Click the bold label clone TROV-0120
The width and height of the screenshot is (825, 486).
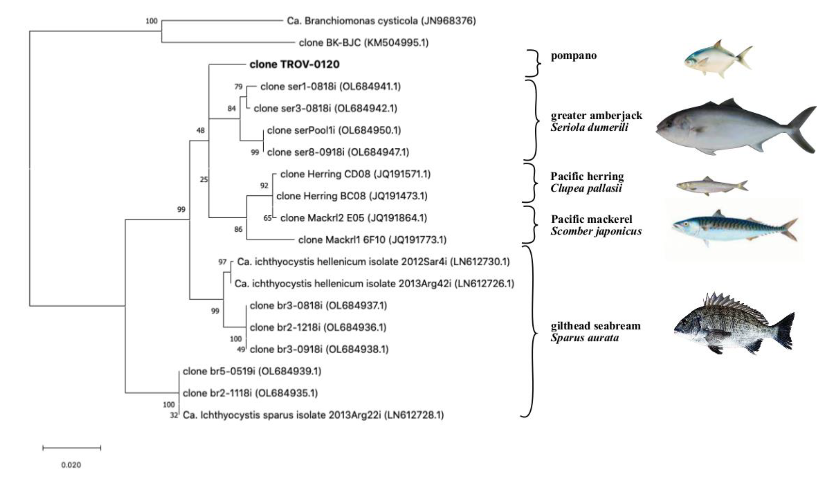[294, 64]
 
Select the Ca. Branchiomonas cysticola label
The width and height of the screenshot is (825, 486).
[381, 21]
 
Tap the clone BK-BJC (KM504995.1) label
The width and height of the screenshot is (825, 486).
[363, 43]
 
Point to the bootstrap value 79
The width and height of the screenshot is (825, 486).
[238, 86]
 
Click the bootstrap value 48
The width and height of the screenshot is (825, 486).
[200, 130]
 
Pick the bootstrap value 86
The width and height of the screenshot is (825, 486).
[238, 229]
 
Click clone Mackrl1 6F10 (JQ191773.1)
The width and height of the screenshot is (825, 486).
[372, 240]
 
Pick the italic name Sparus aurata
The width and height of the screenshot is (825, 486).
[585, 337]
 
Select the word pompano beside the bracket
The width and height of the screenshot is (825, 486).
[574, 56]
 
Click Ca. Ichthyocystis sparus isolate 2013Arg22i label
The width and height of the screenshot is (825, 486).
[313, 415]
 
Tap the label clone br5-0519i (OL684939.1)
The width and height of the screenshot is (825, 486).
[252, 371]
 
